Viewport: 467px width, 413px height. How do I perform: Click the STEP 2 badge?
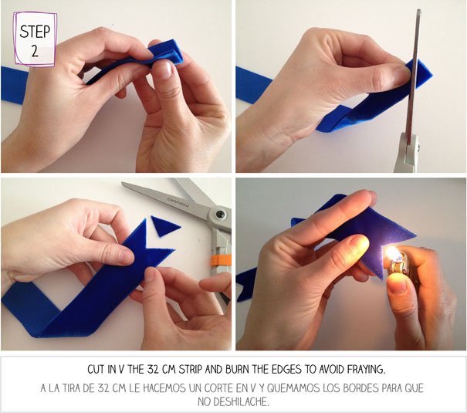point(35,39)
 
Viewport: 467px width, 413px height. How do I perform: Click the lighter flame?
point(393,253)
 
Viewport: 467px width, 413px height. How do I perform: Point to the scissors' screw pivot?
point(221,214)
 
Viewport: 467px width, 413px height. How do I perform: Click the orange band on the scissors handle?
point(221,260)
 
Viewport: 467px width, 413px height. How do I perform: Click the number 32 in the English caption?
point(153,370)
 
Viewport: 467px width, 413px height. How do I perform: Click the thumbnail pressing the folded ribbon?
point(164,69)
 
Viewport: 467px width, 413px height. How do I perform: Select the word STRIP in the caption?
point(191,370)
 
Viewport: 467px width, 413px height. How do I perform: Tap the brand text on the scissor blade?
point(178,201)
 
